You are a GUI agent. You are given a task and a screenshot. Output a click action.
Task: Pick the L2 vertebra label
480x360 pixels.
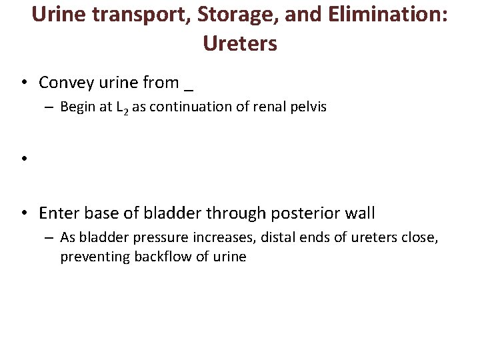tap(121, 107)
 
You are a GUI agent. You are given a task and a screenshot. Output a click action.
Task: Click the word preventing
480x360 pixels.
tap(91, 257)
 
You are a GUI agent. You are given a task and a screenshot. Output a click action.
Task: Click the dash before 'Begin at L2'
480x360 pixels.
tap(51, 107)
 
